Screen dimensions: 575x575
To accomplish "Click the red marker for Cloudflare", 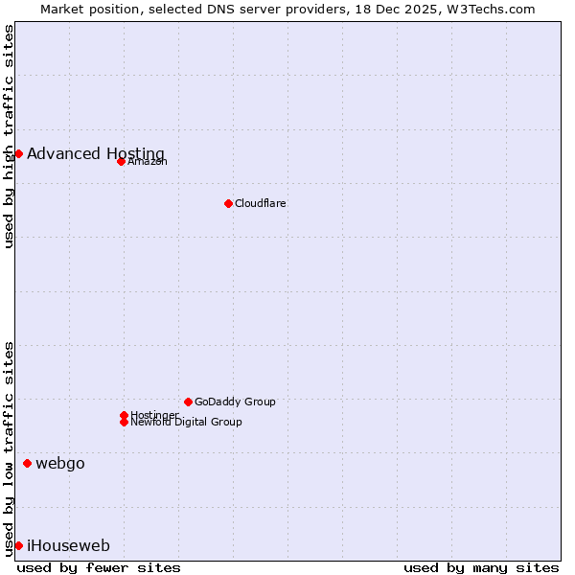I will (x=228, y=203).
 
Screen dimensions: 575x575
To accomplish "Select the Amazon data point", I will (x=121, y=161).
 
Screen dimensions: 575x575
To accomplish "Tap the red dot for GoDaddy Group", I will (x=188, y=402).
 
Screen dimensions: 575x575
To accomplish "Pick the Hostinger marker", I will (x=124, y=415).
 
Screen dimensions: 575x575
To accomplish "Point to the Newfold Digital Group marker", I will (x=124, y=422).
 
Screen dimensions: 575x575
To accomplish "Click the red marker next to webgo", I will (x=27, y=464).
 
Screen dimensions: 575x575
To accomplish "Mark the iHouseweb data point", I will (x=18, y=546).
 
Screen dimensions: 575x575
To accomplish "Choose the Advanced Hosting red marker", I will (x=18, y=153).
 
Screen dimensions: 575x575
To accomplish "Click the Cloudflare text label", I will (x=260, y=203).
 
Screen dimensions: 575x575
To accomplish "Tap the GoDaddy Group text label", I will (x=234, y=402).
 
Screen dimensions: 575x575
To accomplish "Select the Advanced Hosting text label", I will (x=95, y=153).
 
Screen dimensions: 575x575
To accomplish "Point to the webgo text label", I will (x=59, y=464).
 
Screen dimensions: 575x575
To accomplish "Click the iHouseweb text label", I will (x=68, y=546).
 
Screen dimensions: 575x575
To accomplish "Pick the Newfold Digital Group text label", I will (x=186, y=422).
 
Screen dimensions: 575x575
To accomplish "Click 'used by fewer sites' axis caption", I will (x=99, y=567).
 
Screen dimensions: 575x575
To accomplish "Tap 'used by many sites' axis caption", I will (x=481, y=567).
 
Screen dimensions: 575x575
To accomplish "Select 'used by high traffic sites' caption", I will (x=9, y=137).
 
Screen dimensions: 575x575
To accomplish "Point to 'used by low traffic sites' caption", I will (x=9, y=448).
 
